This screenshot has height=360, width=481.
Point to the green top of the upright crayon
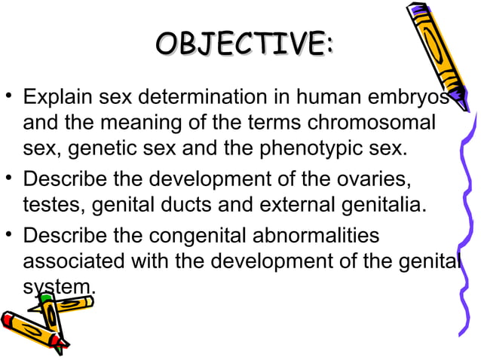point(46,300)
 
